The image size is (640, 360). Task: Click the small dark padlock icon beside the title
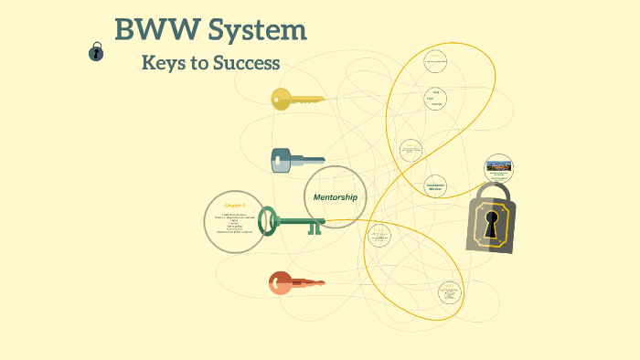96,52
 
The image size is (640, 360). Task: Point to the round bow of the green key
268,220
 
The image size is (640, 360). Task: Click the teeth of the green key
315,228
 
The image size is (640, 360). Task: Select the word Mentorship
335,197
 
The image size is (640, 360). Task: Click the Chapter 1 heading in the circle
235,206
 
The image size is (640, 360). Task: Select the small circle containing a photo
498,168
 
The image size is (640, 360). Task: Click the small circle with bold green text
435,185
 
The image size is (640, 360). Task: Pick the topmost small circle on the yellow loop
435,61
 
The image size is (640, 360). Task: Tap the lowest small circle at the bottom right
450,293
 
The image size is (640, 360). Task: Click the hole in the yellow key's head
279,99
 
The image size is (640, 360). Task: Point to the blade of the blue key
308,162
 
